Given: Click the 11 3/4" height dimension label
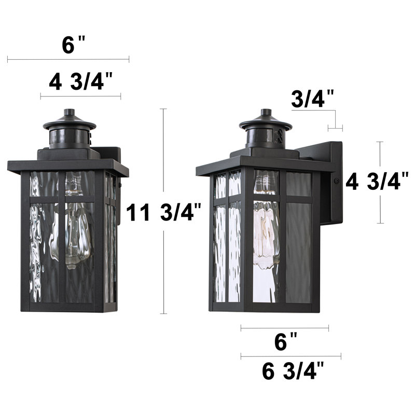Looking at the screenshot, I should click(x=161, y=213).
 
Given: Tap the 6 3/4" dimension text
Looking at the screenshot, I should click(x=293, y=371).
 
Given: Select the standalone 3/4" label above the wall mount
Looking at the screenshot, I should click(x=312, y=99).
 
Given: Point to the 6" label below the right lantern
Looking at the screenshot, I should click(x=285, y=342).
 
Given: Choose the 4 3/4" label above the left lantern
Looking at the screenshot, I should click(x=81, y=82).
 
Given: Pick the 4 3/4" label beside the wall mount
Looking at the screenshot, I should click(x=377, y=182).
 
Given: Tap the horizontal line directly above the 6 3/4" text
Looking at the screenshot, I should click(x=290, y=356).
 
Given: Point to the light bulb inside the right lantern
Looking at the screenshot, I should click(x=265, y=228).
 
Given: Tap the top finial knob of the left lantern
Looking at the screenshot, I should click(x=69, y=113).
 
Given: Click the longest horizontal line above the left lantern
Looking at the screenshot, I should click(x=68, y=60).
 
